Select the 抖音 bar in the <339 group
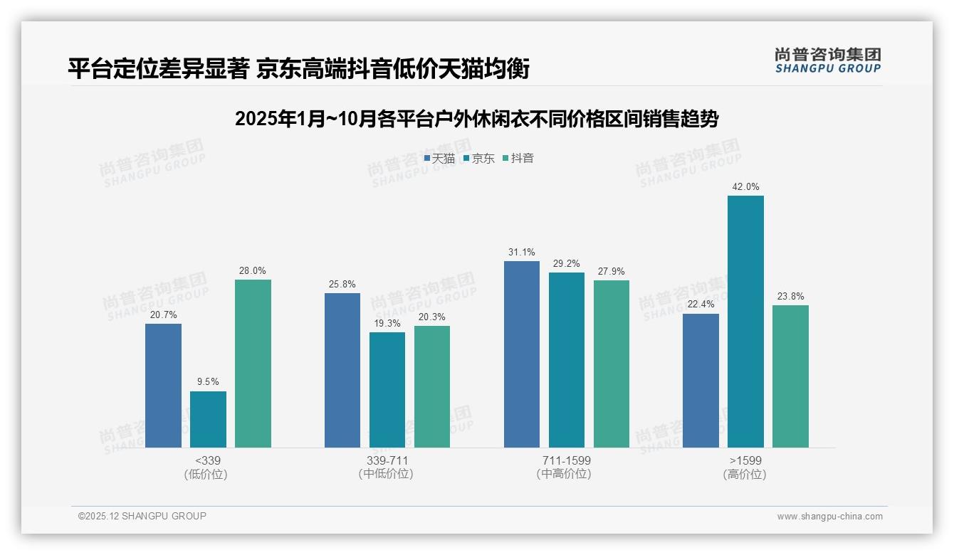pos(253,364)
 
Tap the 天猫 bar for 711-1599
pos(522,354)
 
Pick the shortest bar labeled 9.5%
pos(208,419)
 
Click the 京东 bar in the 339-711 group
pos(387,390)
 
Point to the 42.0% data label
pos(745,187)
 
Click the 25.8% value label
pos(342,285)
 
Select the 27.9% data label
pos(612,272)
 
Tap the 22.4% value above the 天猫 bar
pos(701,305)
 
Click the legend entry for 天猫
pos(439,159)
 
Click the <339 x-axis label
pos(208,460)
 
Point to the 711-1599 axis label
pos(567,460)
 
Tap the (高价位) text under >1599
pos(745,475)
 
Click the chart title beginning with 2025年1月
pos(476,119)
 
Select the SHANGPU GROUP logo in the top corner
pos(827,60)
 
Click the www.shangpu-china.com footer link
pos(829,517)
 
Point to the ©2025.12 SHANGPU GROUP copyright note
pos(142,517)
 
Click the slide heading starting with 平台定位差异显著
pos(298,69)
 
